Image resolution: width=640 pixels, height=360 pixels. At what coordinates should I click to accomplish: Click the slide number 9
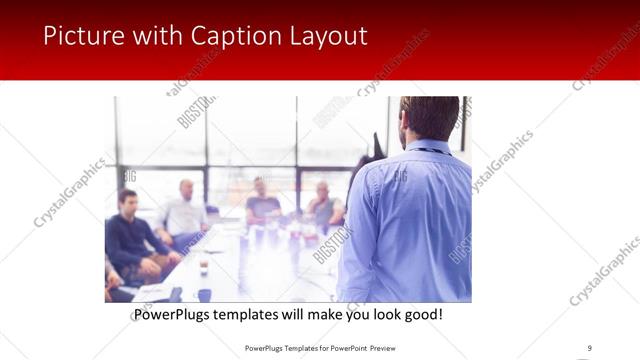click(x=589, y=348)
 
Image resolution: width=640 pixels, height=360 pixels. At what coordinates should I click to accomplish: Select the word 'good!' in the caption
click(x=421, y=315)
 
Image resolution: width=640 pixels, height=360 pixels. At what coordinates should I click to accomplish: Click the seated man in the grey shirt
click(x=323, y=205)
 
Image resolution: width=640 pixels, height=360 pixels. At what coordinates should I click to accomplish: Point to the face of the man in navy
click(x=128, y=200)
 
